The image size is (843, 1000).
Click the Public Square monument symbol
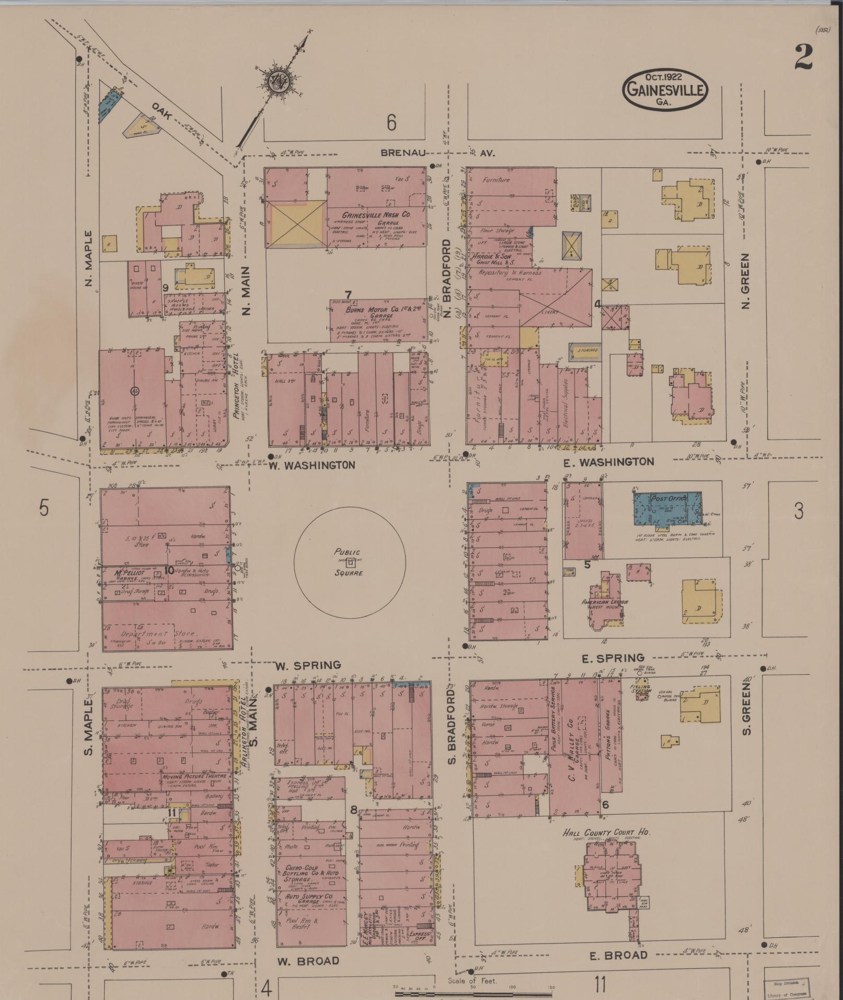[351, 562]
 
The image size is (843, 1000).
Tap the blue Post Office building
[667, 509]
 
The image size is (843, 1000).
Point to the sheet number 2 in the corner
[803, 57]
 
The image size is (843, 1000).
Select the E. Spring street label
[613, 658]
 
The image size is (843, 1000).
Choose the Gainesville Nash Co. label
[377, 215]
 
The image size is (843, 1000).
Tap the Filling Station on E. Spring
[640, 689]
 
